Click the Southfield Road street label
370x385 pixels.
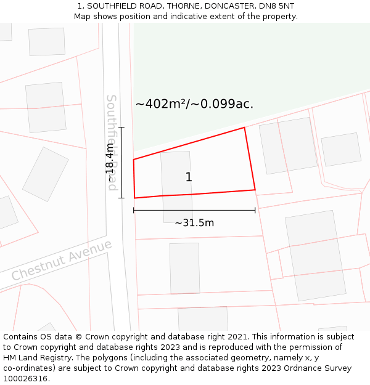pyautogui.click(x=112, y=142)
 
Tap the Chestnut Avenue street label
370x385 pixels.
pyautogui.click(x=62, y=260)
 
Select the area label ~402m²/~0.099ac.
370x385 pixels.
pyautogui.click(x=194, y=104)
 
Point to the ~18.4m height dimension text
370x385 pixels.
pyautogui.click(x=109, y=163)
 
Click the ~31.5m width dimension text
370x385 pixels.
pyautogui.click(x=194, y=223)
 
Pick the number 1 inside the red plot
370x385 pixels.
pyautogui.click(x=189, y=177)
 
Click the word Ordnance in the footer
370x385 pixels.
pyautogui.click(x=298, y=368)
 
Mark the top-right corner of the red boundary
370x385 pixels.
pyautogui.click(x=245, y=128)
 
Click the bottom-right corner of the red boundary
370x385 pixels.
pyautogui.click(x=255, y=190)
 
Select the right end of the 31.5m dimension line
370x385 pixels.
pyautogui.click(x=255, y=211)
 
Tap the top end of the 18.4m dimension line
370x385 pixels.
pyautogui.click(x=121, y=128)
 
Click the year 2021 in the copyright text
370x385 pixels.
pyautogui.click(x=237, y=337)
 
